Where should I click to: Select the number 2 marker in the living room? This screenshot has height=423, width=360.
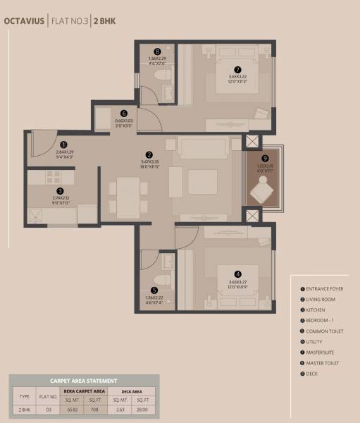tap(149, 155)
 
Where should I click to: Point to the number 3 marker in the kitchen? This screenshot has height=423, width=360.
tap(61, 190)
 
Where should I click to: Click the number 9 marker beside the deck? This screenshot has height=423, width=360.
tap(265, 158)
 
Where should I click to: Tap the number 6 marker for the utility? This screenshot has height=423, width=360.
tap(124, 113)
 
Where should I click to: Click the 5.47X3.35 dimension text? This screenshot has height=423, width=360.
tap(149, 162)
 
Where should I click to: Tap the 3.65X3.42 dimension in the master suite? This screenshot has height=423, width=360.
tap(237, 76)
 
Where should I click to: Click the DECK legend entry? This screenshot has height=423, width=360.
tap(312, 373)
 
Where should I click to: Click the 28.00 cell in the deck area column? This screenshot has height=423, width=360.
tap(144, 409)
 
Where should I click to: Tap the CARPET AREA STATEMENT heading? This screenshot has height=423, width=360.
tap(83, 380)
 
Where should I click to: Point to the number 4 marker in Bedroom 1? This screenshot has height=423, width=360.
tap(237, 274)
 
